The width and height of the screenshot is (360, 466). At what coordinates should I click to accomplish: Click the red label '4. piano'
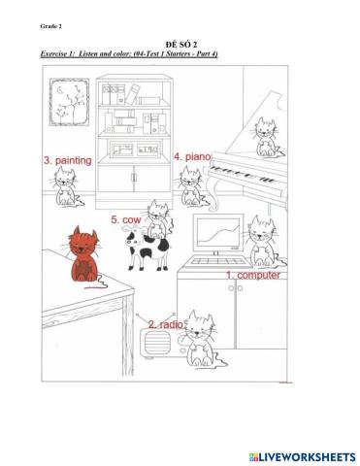192,156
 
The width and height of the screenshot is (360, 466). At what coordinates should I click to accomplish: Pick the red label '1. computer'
253,275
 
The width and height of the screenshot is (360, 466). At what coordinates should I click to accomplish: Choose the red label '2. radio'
165,323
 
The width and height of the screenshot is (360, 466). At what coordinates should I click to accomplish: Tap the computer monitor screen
219,235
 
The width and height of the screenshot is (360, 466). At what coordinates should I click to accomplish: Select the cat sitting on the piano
263,141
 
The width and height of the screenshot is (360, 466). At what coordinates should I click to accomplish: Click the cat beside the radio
201,340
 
